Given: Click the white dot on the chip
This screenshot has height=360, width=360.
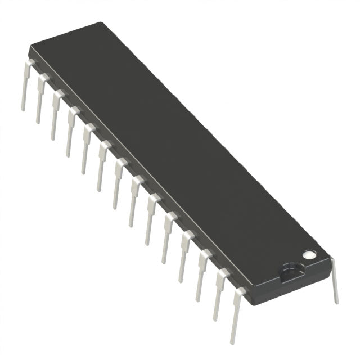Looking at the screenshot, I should tap(308, 255).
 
